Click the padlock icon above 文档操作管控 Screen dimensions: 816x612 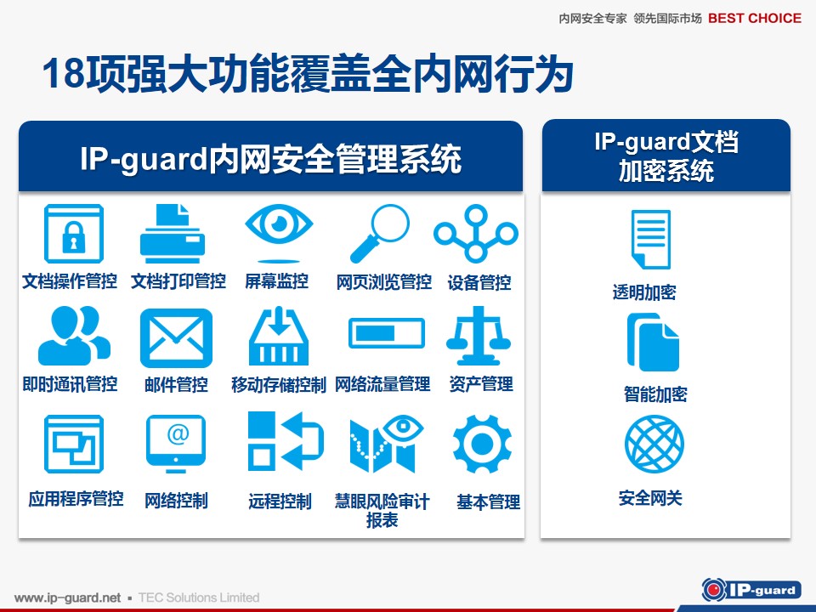[74, 234]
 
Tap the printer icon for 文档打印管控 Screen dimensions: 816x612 [173, 234]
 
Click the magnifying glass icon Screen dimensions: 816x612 [379, 233]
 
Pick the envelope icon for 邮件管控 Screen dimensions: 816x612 [177, 338]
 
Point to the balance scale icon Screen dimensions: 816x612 [479, 336]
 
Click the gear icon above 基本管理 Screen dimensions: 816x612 [483, 444]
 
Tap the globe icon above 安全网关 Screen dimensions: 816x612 [654, 444]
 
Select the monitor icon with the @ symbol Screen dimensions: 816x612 [176, 444]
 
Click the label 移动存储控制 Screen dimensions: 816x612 [279, 385]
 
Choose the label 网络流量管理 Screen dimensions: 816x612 [382, 384]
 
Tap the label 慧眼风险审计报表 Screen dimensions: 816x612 [382, 511]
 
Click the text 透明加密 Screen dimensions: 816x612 [644, 292]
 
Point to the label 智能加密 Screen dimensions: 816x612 [655, 394]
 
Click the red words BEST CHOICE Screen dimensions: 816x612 [755, 18]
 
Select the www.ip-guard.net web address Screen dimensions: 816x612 [68, 598]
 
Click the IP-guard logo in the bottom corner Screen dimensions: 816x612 [751, 590]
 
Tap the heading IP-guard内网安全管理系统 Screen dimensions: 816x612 [270, 159]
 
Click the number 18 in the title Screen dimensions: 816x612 [64, 73]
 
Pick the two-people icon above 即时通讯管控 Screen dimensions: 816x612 [74, 336]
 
